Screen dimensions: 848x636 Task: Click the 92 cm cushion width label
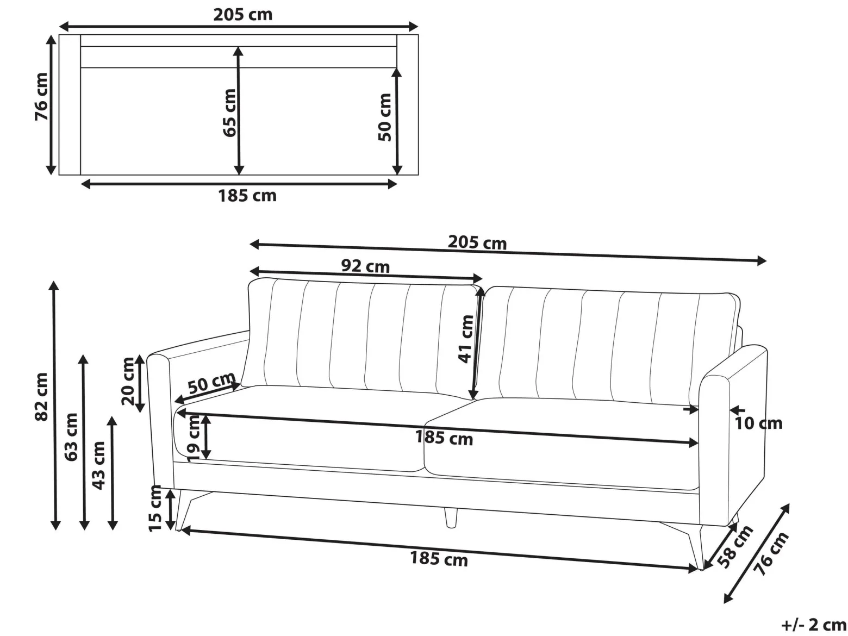pos(365,267)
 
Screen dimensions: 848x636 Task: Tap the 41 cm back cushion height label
pos(466,339)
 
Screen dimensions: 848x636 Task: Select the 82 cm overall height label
pos(41,397)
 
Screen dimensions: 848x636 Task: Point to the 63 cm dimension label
pos(71,437)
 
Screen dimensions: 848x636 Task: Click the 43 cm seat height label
pos(99,466)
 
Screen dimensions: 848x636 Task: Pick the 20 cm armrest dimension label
pos(128,381)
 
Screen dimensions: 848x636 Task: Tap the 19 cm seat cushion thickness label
pos(194,437)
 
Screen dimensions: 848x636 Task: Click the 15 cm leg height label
pos(155,508)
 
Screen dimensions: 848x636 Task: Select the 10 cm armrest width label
pos(758,423)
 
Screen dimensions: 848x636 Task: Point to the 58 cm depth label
pos(735,547)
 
